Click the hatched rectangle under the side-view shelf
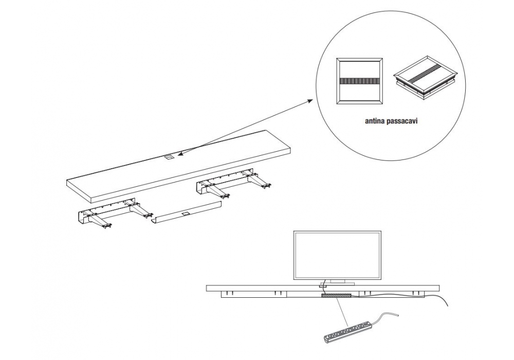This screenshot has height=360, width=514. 336,296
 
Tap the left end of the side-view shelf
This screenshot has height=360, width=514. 208,288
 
